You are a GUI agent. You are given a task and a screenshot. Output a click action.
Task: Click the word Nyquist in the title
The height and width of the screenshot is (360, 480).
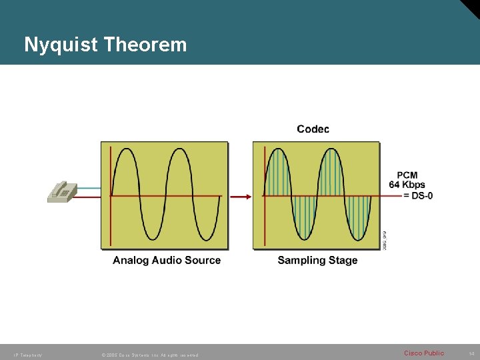pyautogui.click(x=58, y=45)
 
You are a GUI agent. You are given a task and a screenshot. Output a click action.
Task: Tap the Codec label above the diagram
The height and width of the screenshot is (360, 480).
pyautogui.click(x=313, y=129)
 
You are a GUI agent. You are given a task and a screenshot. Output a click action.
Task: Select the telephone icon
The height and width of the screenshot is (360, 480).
pyautogui.click(x=61, y=191)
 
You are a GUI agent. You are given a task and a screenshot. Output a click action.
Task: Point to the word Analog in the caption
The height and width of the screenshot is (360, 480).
pyautogui.click(x=131, y=260)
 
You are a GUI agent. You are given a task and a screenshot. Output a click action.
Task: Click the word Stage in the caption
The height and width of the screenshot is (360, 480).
pyautogui.click(x=343, y=260)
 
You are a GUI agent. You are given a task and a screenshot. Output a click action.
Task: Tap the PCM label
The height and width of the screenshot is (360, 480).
pyautogui.click(x=407, y=175)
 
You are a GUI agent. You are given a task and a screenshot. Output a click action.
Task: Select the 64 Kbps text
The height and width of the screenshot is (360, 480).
pyautogui.click(x=407, y=185)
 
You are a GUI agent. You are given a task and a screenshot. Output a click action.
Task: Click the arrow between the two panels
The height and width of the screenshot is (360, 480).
pyautogui.click(x=240, y=196)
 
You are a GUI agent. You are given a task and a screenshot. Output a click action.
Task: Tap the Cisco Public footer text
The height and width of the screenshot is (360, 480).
pyautogui.click(x=424, y=353)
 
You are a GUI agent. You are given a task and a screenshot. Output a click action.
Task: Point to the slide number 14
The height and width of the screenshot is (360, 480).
pyautogui.click(x=471, y=353)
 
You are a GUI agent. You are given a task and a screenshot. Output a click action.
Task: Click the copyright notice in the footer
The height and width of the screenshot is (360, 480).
pyautogui.click(x=149, y=355)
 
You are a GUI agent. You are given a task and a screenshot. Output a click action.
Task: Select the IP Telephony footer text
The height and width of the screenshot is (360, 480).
pyautogui.click(x=27, y=355)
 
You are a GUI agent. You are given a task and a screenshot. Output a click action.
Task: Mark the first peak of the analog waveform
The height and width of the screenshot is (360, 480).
pyautogui.click(x=125, y=149)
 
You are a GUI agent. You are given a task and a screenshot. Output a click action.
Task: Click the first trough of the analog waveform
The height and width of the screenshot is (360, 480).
pyautogui.click(x=153, y=239)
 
